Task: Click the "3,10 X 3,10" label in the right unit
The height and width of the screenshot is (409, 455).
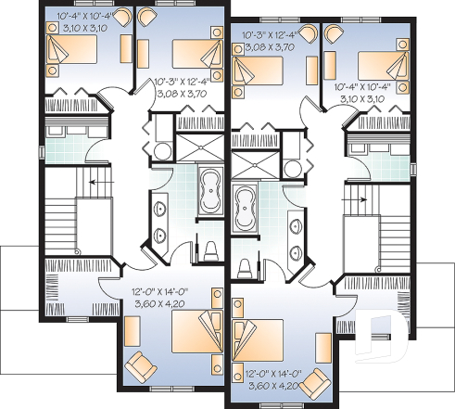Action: [363, 98]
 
